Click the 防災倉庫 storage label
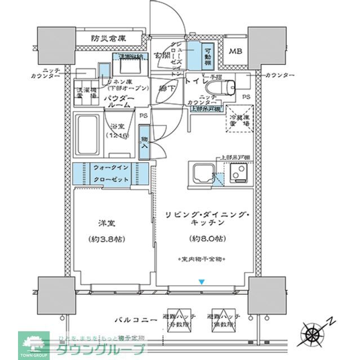tap(109, 39)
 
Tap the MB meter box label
tap(235, 52)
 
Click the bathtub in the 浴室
tap(88, 134)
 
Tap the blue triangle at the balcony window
tap(202, 282)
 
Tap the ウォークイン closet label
tap(110, 168)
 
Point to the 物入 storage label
tap(144, 142)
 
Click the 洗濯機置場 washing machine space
tap(86, 92)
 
